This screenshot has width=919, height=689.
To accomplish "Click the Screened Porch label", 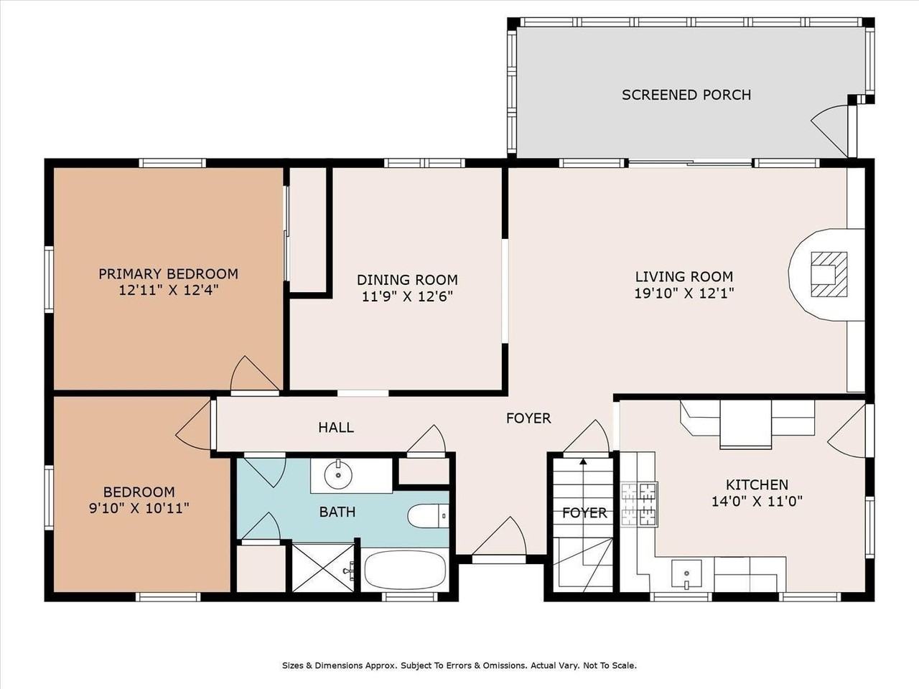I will [686, 95].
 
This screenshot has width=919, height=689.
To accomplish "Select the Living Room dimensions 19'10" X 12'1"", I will [684, 293].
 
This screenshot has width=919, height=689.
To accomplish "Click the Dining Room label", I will [407, 280].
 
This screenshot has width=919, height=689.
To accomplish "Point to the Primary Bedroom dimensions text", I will [168, 291].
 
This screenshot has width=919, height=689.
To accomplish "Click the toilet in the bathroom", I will [427, 515].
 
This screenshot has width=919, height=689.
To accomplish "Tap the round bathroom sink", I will [335, 474].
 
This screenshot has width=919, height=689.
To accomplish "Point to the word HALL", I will [336, 428].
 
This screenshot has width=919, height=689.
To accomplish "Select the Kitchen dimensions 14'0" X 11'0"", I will [757, 502].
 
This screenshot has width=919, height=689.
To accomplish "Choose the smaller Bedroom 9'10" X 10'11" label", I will [139, 500].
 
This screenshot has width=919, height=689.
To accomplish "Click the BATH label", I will [337, 512].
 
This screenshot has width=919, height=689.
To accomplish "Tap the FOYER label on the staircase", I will [584, 512].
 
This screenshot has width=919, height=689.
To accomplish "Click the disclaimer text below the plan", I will [459, 665].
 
